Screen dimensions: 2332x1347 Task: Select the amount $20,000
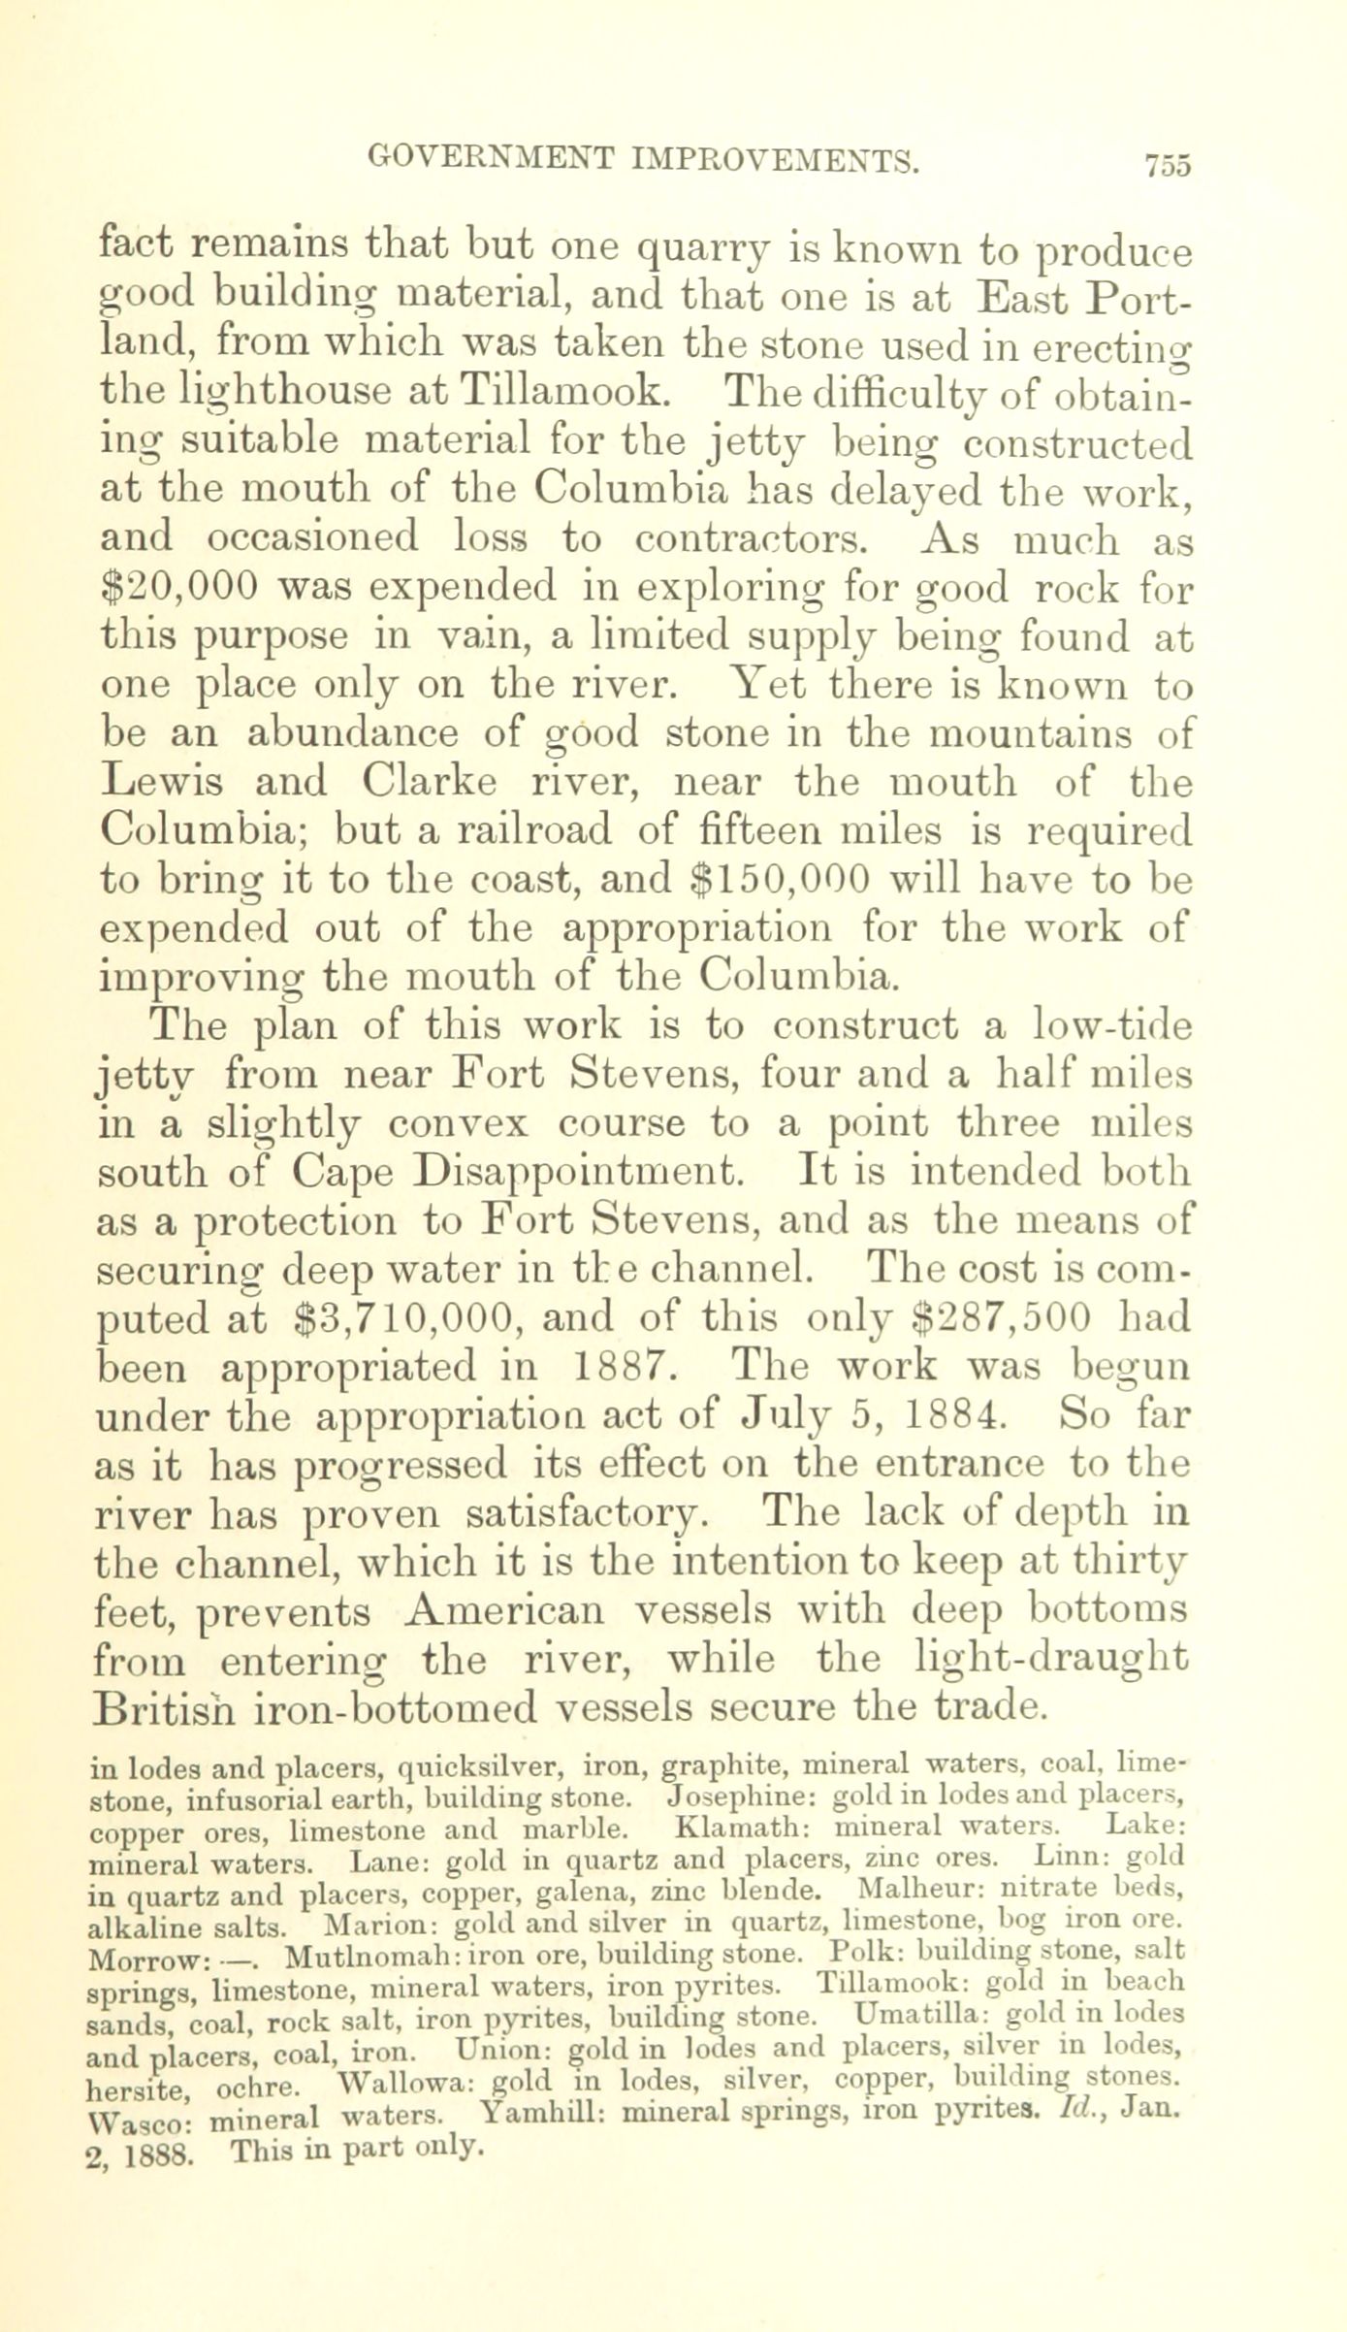(x=179, y=587)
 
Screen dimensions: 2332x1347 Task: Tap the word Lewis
(x=166, y=781)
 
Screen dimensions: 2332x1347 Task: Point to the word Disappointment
(x=579, y=1173)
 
